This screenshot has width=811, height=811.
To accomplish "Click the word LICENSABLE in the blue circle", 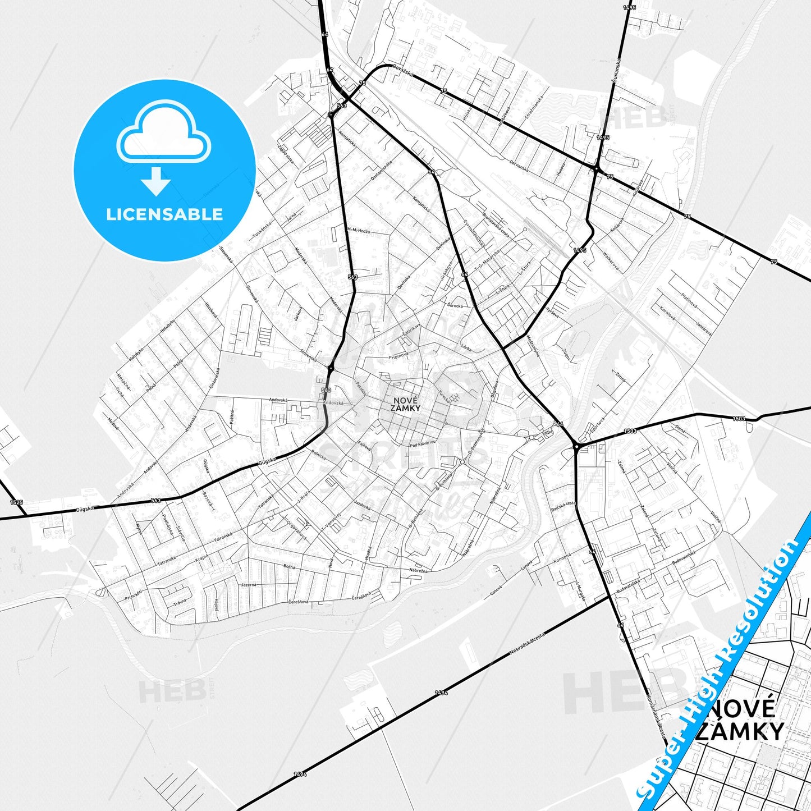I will pos(164,214).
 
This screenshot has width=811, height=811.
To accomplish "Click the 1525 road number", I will pos(17,502).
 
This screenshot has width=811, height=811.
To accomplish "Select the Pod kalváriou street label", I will pos(423,445).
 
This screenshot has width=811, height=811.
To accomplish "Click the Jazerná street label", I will pos(248,585).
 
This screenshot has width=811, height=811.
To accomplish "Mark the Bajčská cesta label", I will pos(563,507).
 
